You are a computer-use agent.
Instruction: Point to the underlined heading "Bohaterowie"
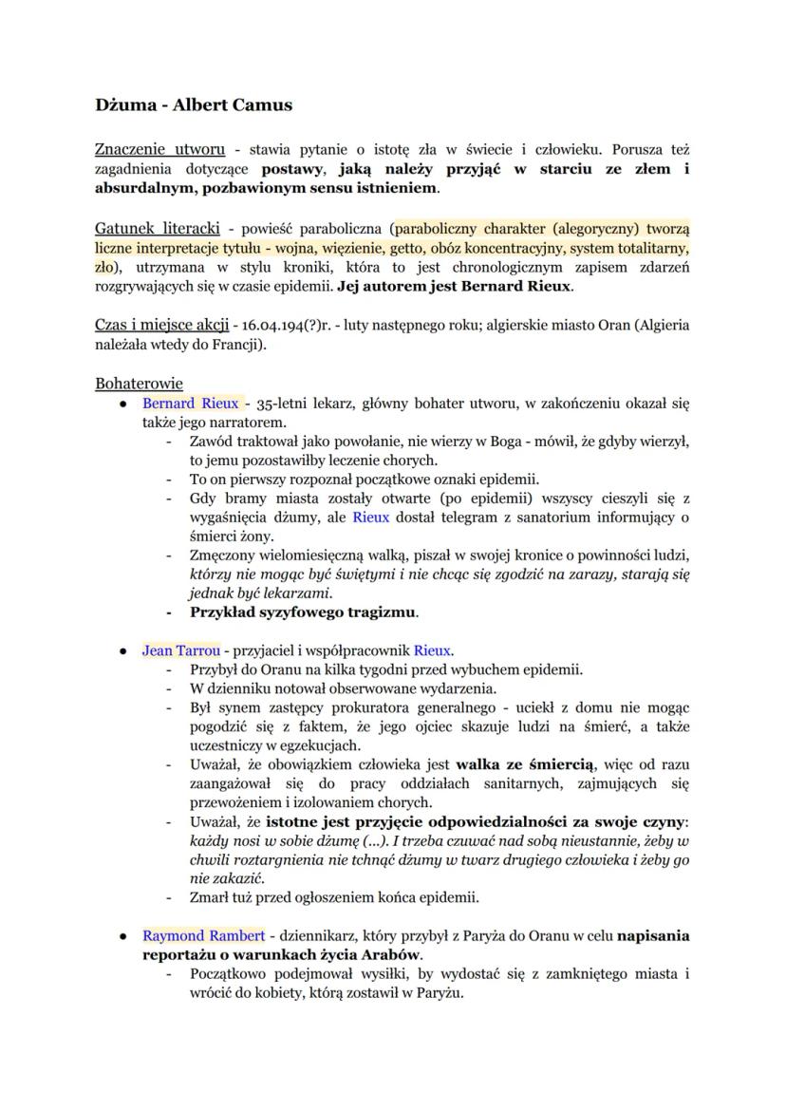139,384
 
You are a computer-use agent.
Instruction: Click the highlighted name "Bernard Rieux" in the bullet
190,403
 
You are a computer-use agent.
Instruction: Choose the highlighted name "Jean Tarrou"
180,650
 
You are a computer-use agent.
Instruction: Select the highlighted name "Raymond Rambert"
202,935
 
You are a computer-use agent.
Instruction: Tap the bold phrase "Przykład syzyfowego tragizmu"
303,611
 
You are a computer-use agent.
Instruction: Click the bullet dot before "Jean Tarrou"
123,651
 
